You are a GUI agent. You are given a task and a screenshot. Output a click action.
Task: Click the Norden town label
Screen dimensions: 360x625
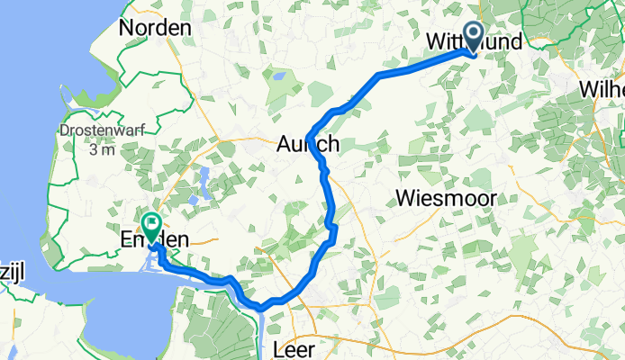point(160,28)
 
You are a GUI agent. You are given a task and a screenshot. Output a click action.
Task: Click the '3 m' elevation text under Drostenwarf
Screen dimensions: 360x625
point(104,148)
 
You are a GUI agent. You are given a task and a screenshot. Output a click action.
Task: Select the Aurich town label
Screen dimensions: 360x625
point(309,144)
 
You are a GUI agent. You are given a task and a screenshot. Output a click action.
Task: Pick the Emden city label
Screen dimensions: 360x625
point(159,239)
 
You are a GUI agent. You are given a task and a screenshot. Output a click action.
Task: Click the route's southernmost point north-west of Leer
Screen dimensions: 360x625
point(261,309)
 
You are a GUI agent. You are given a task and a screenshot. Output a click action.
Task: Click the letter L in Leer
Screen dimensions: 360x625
point(276,346)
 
